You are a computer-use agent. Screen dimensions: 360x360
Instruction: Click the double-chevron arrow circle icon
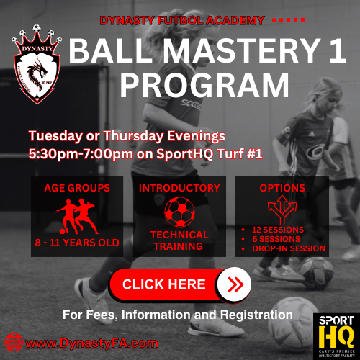[233, 284]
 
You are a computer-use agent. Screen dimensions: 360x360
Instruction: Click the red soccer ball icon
[179, 212]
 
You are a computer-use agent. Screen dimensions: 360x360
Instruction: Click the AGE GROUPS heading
[78, 188]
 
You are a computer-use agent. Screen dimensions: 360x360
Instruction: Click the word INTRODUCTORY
[179, 188]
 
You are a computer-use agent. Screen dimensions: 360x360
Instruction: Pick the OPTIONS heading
[283, 188]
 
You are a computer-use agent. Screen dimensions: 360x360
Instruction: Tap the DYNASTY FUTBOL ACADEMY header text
[183, 20]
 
